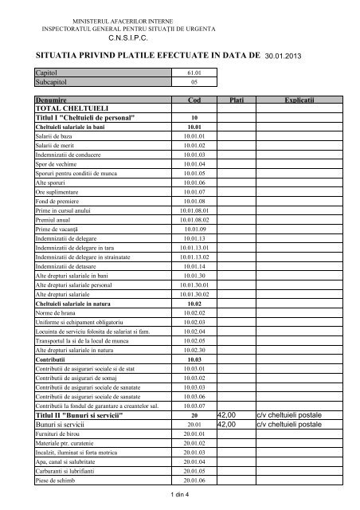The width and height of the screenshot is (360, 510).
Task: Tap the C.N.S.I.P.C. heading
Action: (125, 37)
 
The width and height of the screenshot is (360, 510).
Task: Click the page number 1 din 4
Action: (181, 496)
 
